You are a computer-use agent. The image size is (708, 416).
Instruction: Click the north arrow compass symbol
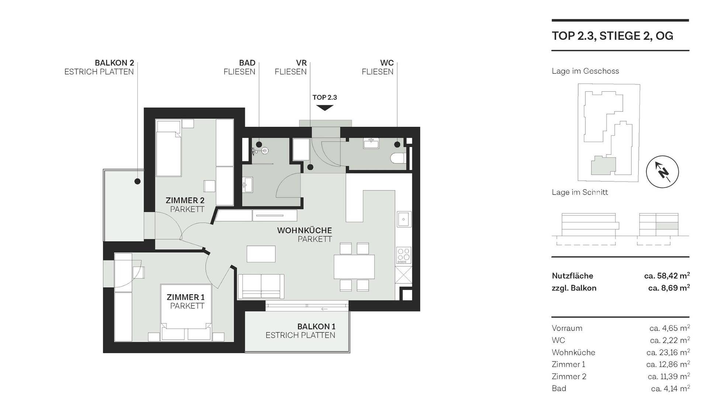click(662, 172)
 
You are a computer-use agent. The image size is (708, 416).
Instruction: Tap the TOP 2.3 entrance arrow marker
click(324, 108)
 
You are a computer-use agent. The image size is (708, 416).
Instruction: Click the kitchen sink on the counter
click(404, 219)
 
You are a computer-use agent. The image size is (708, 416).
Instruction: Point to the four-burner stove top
click(403, 255)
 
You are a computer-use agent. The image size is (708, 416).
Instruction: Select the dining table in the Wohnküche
click(354, 266)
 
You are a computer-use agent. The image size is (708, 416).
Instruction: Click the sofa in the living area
click(261, 286)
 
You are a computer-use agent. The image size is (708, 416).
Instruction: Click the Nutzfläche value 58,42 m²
click(667, 275)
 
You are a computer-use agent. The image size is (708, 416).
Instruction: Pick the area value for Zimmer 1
click(668, 364)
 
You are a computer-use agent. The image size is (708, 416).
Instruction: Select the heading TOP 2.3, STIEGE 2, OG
click(612, 36)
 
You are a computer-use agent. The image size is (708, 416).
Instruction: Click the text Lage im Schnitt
click(580, 192)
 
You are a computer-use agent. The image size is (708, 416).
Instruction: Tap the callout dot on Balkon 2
click(138, 181)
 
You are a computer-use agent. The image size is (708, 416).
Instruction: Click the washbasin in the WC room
click(371, 143)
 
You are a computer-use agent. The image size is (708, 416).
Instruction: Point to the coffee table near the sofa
click(261, 254)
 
